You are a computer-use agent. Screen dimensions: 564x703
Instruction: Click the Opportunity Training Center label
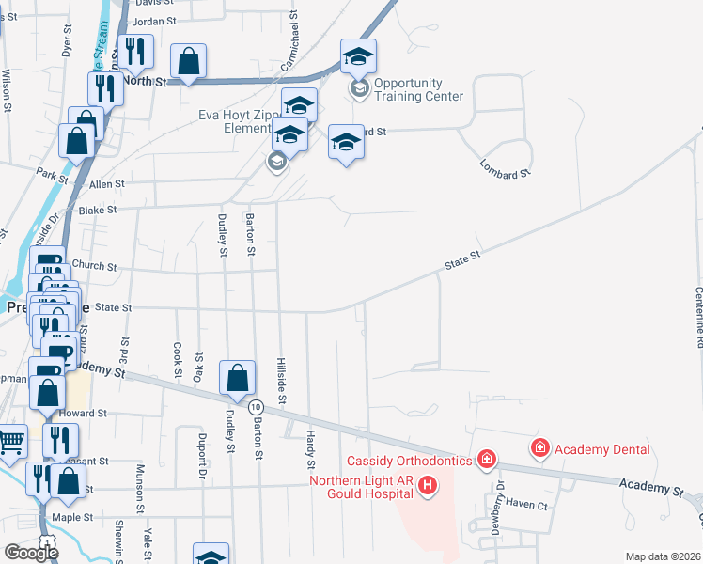click(418, 89)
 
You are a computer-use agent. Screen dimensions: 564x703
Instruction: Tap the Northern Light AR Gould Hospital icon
click(428, 485)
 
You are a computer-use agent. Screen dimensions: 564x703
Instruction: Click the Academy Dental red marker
click(540, 448)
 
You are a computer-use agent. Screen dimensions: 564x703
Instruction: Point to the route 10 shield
click(256, 406)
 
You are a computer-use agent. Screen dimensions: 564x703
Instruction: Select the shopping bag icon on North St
click(189, 61)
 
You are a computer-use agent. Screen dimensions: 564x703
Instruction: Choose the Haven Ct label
click(525, 504)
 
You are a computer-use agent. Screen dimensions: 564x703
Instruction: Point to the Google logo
click(31, 552)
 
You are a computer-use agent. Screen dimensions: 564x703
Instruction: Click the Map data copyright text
click(663, 556)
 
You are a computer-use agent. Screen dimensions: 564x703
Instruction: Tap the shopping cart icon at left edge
click(10, 440)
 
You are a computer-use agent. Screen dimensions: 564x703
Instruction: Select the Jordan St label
click(155, 20)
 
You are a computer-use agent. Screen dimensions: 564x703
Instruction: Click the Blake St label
click(98, 211)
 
